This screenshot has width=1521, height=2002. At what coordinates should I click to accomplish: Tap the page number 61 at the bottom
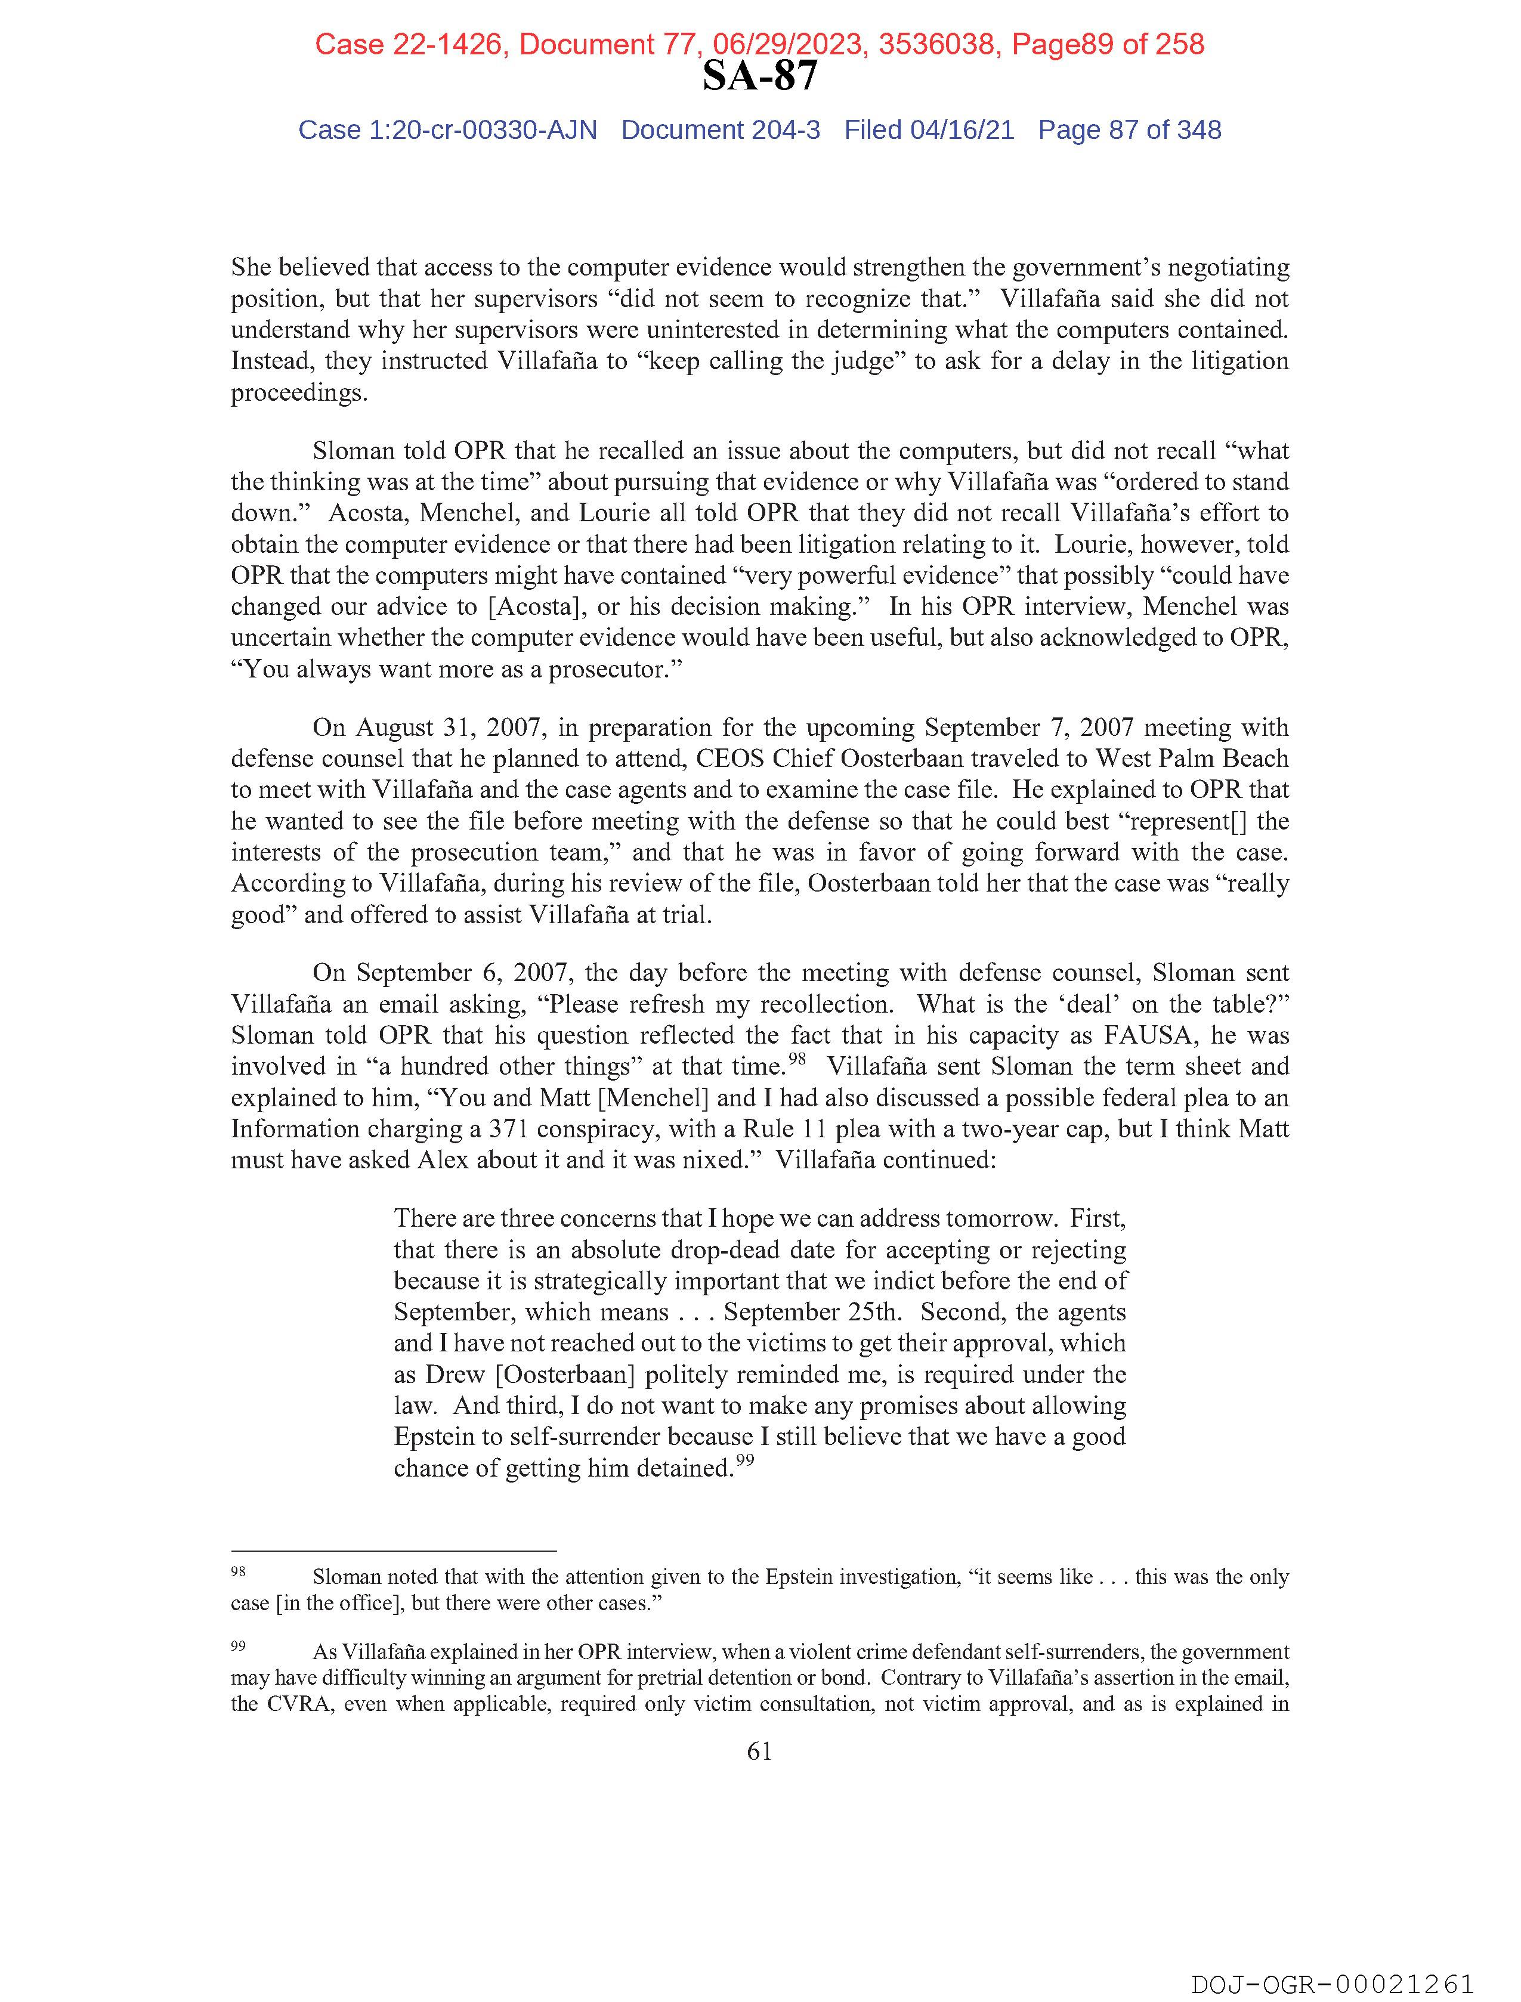pos(759,1752)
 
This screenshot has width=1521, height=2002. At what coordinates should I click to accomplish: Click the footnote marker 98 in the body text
pos(797,1059)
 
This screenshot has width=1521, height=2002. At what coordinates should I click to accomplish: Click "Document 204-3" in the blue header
pos(721,131)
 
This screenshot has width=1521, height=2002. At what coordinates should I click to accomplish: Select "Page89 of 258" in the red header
pos(1107,44)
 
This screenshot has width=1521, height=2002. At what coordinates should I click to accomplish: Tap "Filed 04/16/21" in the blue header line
pos(929,131)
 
